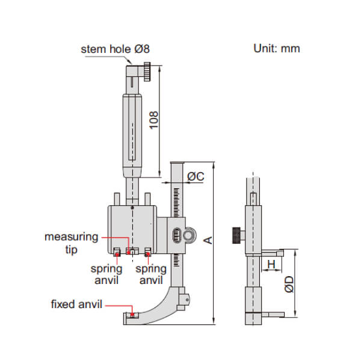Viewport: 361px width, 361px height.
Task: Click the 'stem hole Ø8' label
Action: point(115,49)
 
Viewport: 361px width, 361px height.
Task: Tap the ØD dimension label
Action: point(289,284)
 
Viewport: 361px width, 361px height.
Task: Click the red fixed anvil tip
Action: point(132,313)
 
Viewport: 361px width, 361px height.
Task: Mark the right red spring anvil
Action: point(147,251)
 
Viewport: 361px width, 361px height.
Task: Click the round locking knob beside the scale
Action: point(189,233)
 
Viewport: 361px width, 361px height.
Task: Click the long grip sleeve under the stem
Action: point(133,132)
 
